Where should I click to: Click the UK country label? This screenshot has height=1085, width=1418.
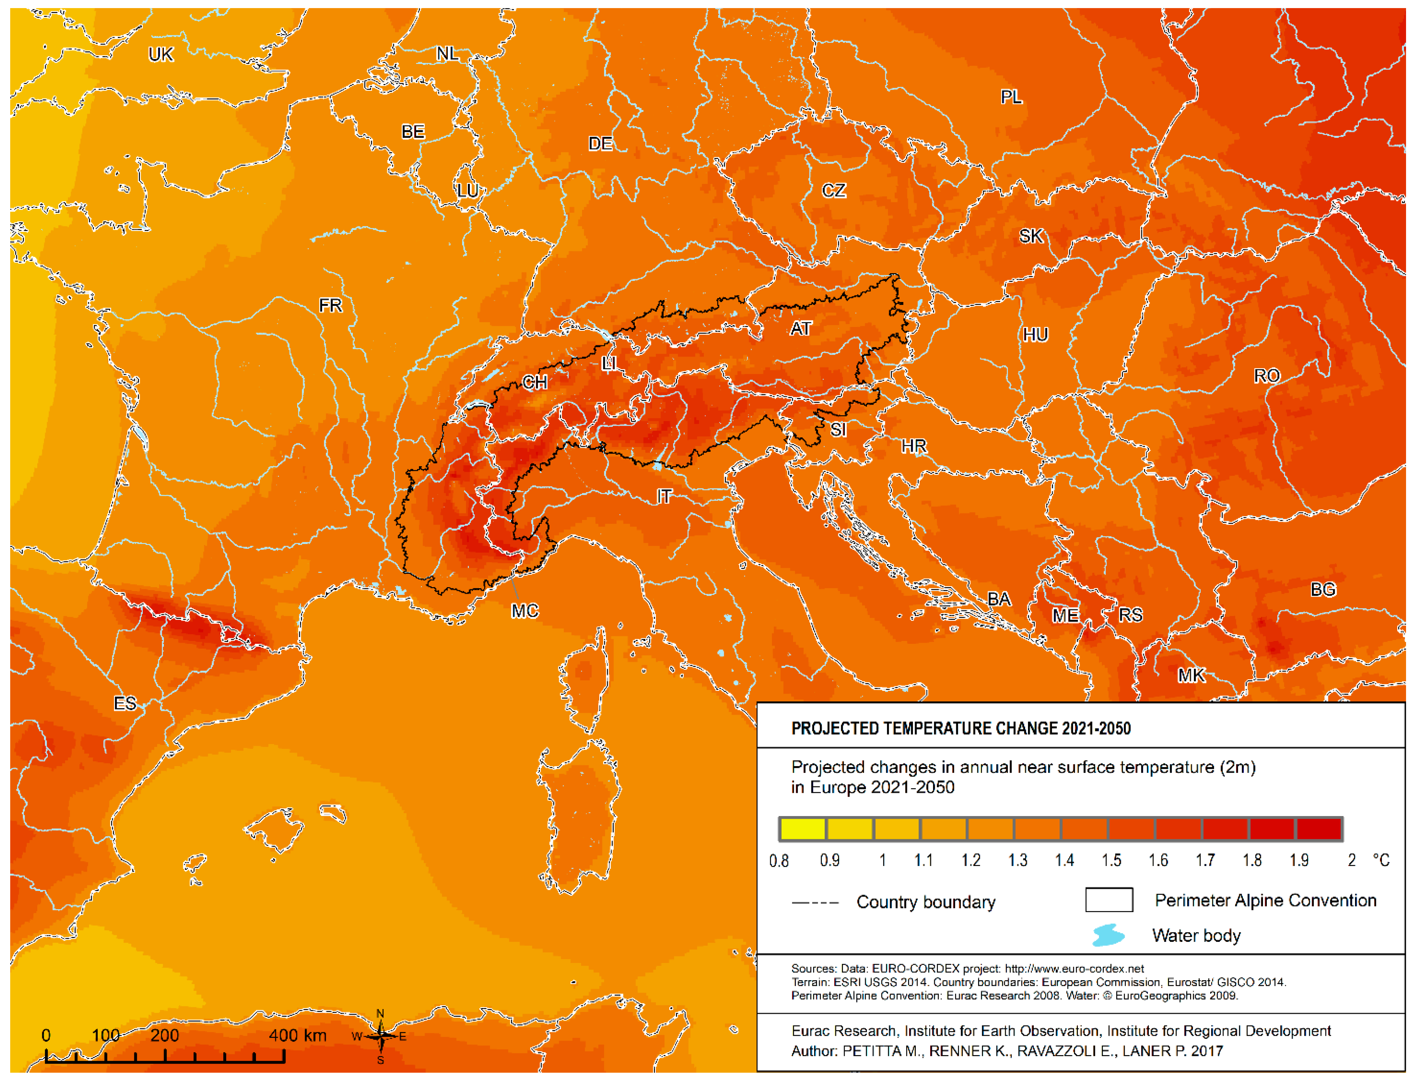click(x=160, y=54)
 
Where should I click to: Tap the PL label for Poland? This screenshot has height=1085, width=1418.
click(x=1011, y=97)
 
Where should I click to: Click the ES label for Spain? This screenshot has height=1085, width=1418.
click(x=125, y=703)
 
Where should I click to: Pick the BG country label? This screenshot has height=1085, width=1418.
click(x=1322, y=589)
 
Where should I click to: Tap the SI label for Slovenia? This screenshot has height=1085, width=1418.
click(x=838, y=430)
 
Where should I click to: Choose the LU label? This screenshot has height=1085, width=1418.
click(x=467, y=191)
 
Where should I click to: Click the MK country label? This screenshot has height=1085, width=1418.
click(x=1190, y=675)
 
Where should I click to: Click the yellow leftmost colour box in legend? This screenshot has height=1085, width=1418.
click(x=802, y=829)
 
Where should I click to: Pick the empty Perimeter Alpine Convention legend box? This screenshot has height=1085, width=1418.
click(x=1109, y=900)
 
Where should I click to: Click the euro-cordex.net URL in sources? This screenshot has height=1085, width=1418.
click(x=1074, y=969)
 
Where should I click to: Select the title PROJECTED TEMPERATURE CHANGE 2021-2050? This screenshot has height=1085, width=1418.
click(x=960, y=728)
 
